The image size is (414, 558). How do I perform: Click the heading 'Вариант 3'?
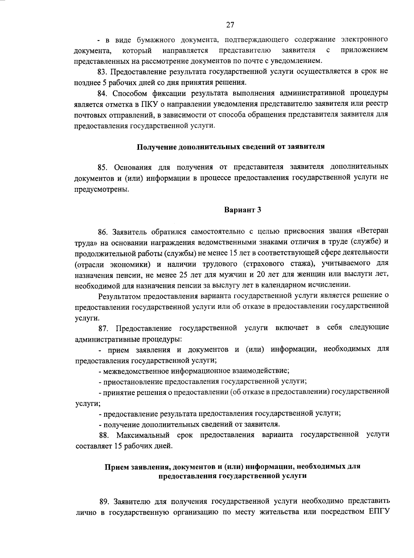point(243,210)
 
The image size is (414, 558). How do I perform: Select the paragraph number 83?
point(102,72)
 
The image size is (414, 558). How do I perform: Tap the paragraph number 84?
point(102,94)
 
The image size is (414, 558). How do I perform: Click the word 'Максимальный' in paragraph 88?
point(143,435)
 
